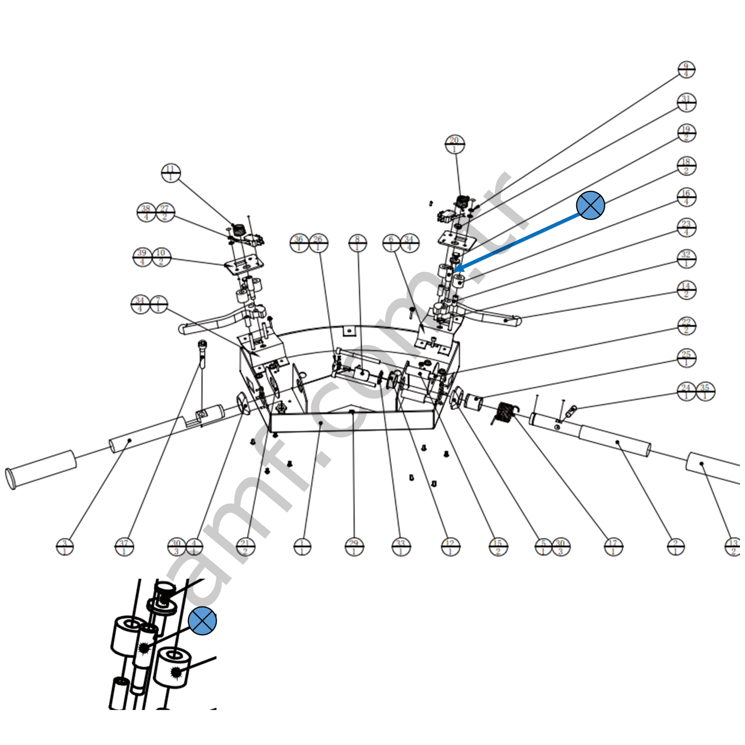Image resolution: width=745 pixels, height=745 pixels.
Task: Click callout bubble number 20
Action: [x=454, y=144]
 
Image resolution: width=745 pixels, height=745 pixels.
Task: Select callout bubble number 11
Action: [x=171, y=173]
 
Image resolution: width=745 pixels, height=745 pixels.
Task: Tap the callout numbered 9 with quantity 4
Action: [x=686, y=70]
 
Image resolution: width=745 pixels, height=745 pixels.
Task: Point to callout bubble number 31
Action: [x=686, y=103]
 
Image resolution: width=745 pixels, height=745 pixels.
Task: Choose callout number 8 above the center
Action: [x=357, y=243]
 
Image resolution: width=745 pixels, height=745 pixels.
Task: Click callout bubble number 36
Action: [x=299, y=243]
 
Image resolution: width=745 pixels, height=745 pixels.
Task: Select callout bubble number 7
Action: [x=158, y=305]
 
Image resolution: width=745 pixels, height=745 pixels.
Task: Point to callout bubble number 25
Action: [x=686, y=358]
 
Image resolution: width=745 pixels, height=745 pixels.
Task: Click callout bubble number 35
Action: [x=705, y=392]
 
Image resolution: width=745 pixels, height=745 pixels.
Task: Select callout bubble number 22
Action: [x=686, y=326]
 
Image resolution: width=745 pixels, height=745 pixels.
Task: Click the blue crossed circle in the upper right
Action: [x=591, y=205]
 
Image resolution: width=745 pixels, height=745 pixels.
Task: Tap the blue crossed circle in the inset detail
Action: [x=202, y=621]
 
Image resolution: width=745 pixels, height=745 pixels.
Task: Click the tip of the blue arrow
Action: [x=455, y=270]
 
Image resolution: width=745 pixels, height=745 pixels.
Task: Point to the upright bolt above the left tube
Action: [x=202, y=353]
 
